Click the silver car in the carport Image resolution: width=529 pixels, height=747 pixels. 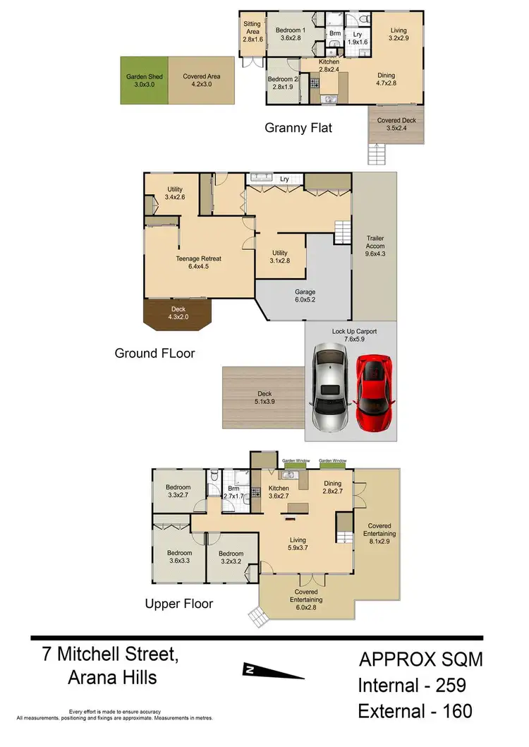(330, 389)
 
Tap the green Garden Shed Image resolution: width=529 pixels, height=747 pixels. (144, 80)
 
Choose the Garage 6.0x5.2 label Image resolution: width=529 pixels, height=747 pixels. (305, 295)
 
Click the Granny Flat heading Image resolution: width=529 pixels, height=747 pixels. (298, 128)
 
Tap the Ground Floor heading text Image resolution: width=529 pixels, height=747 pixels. (154, 352)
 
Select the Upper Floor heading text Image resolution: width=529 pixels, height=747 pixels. (178, 603)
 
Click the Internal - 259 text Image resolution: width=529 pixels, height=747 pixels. (412, 685)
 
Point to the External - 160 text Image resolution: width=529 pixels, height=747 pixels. (414, 710)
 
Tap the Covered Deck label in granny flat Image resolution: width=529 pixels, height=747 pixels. (396, 124)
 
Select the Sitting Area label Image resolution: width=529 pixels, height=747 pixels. (252, 32)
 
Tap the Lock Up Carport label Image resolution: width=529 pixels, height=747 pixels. (350, 335)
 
